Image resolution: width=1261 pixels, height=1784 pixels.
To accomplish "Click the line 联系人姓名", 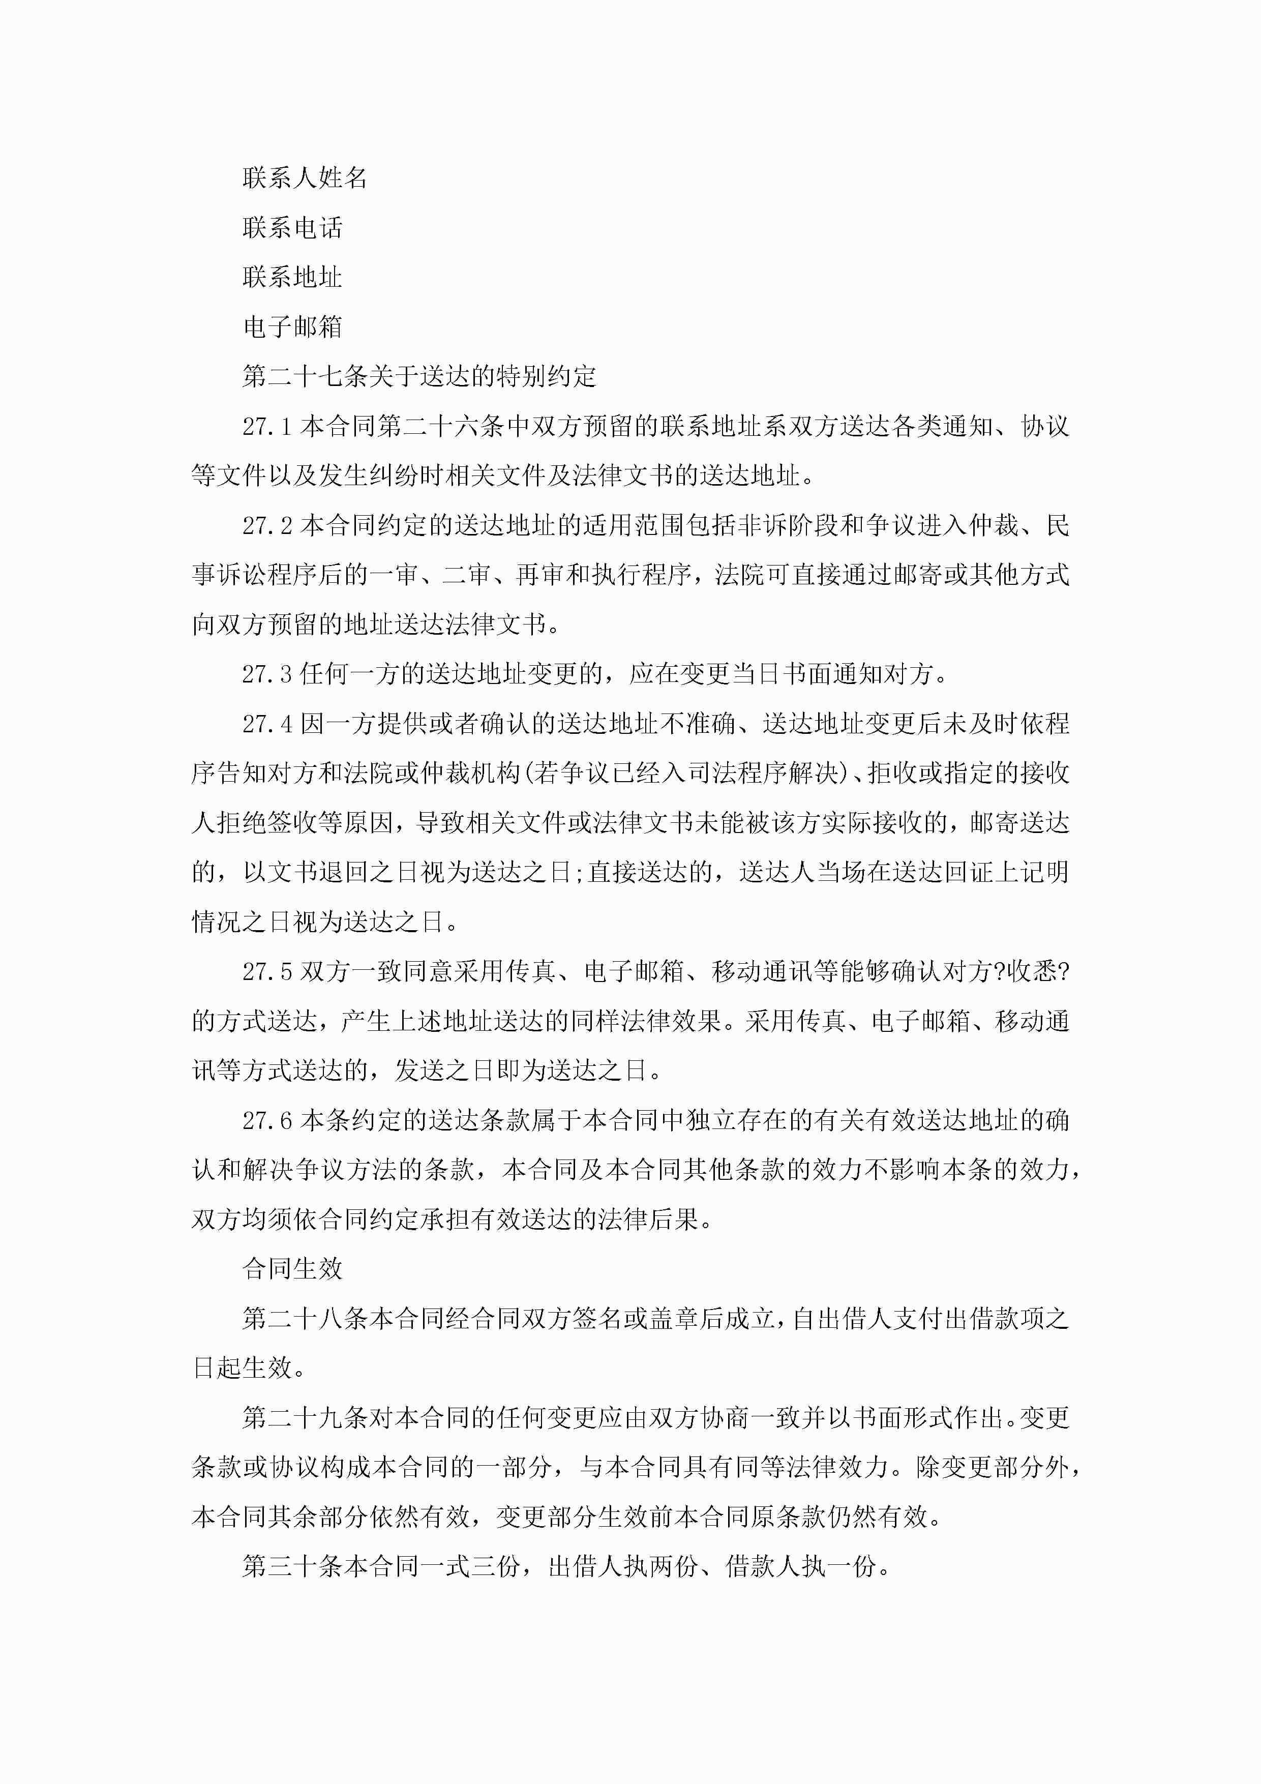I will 305,178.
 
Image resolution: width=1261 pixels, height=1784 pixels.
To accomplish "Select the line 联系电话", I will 292,228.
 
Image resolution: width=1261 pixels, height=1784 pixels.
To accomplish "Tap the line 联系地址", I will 292,277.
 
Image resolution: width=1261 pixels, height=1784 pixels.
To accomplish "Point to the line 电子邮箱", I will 292,327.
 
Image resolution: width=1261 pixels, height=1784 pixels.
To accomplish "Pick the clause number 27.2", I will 266,526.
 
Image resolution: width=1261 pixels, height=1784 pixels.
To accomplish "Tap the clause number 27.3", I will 266,674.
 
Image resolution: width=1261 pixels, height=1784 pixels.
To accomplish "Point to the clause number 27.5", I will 266,971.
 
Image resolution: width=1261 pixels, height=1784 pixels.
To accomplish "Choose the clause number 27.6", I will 266,1120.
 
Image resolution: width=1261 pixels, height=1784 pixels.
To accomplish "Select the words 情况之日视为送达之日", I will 318,923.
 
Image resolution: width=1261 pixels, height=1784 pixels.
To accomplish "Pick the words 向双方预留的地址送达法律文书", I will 369,625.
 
